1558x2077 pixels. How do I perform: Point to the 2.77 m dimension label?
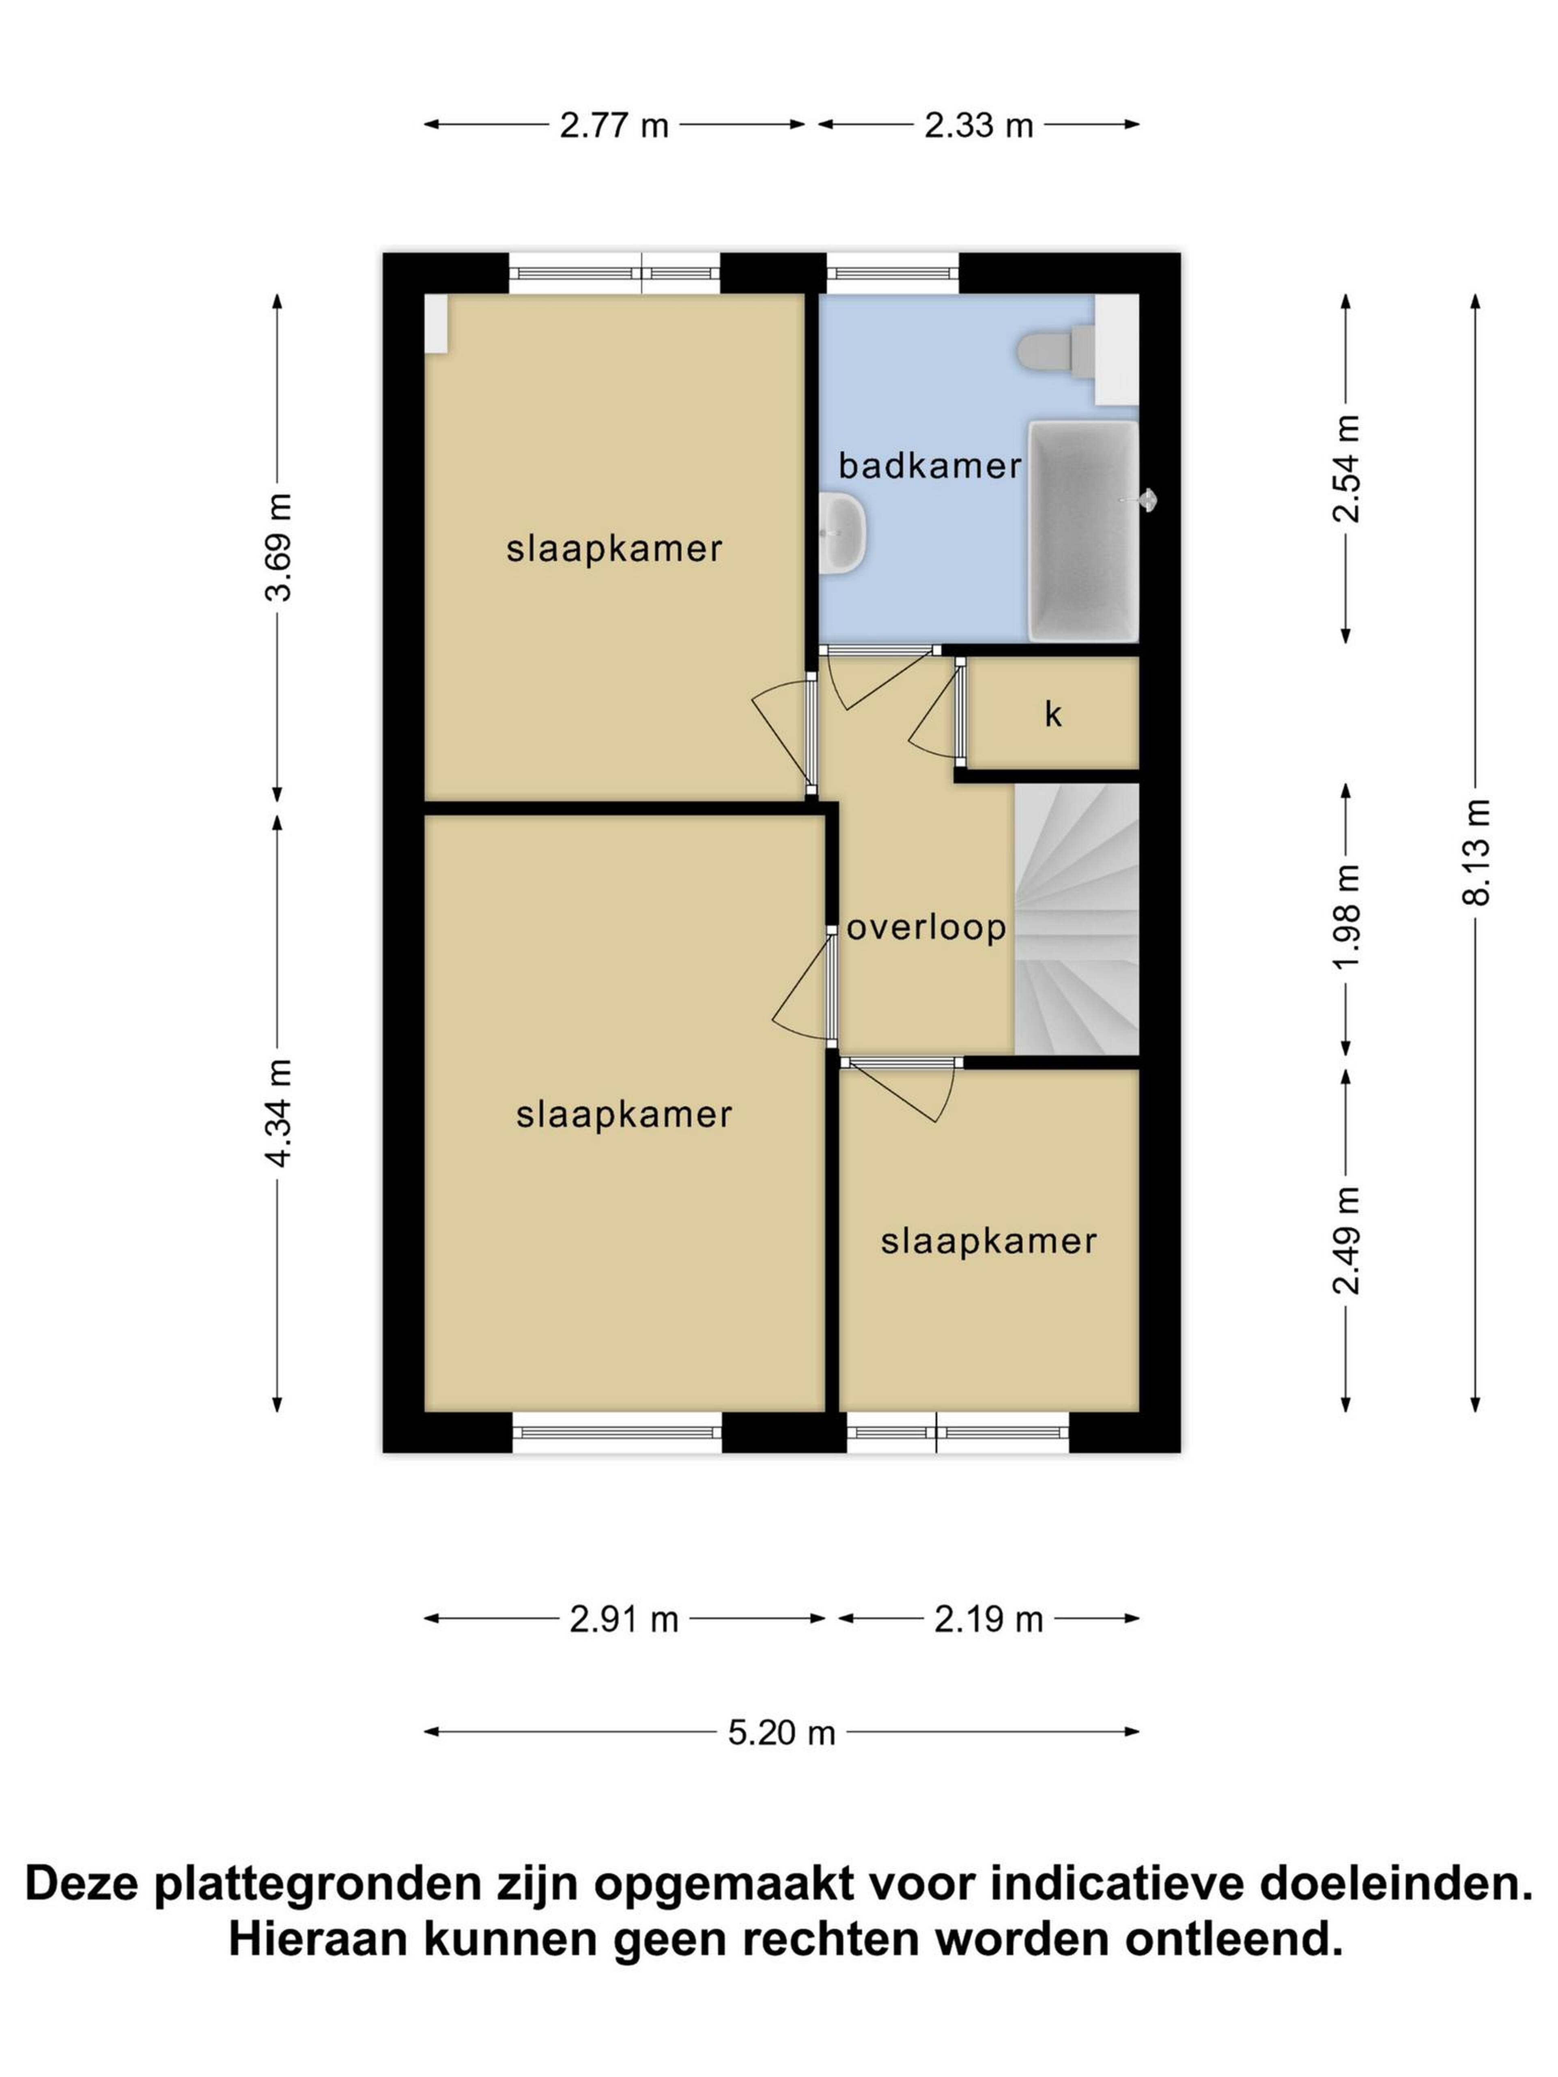tap(614, 125)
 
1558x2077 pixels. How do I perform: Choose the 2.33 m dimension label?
tap(979, 125)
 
